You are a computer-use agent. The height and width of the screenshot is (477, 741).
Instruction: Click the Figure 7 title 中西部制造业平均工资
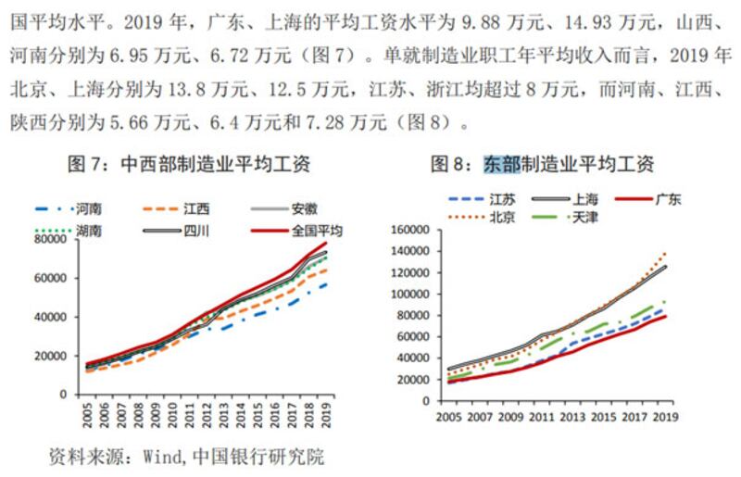(x=190, y=164)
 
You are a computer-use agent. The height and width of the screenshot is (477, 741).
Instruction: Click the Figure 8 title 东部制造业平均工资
(x=543, y=164)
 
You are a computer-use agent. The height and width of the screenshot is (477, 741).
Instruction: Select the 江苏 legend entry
(x=502, y=198)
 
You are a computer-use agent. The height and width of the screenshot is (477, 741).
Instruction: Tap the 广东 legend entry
(x=667, y=198)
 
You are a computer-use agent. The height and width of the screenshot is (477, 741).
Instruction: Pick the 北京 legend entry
(x=502, y=217)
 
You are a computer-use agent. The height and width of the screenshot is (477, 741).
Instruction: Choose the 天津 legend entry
(x=584, y=217)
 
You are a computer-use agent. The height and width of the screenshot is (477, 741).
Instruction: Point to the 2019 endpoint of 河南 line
(x=326, y=284)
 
